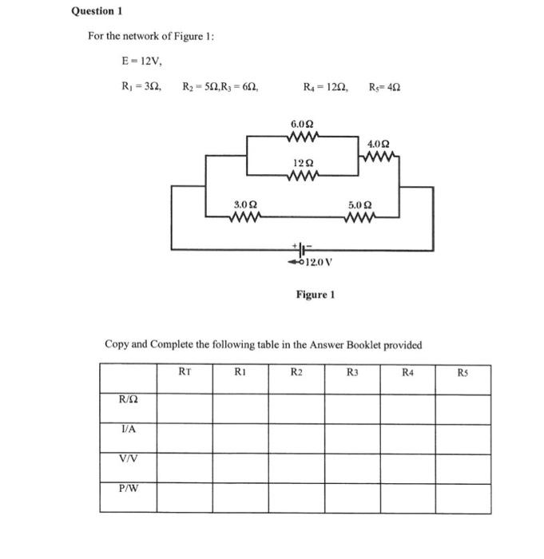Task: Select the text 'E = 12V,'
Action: [138, 61]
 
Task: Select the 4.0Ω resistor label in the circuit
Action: [379, 144]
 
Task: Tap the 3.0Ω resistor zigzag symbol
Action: [244, 216]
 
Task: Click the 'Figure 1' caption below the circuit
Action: [315, 295]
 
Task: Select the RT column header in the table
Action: [185, 371]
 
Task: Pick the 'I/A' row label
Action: [128, 429]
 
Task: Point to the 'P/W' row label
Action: [128, 487]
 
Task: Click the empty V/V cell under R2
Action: [296, 458]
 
